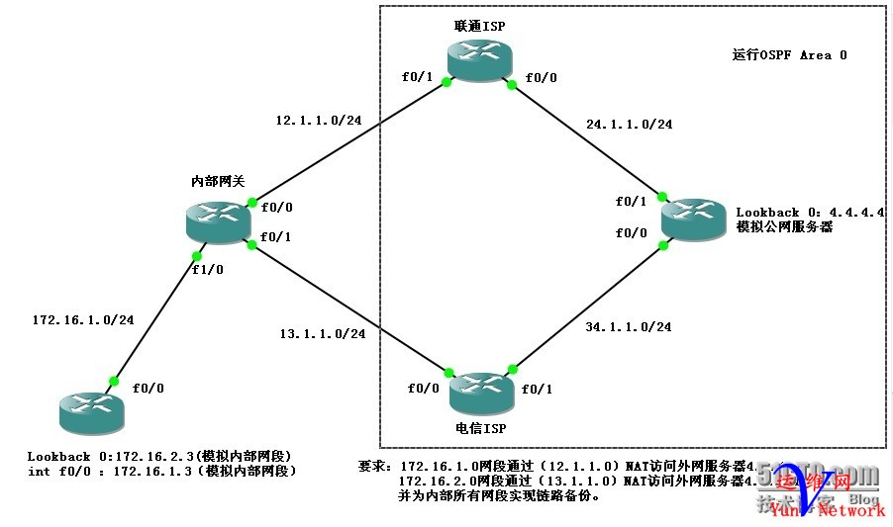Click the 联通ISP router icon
pyautogui.click(x=479, y=60)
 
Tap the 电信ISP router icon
pyautogui.click(x=480, y=394)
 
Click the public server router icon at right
pyautogui.click(x=694, y=219)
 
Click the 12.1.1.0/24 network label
pyautogui.click(x=318, y=121)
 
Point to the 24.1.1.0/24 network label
pyautogui.click(x=629, y=125)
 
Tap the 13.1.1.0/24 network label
pyautogui.click(x=322, y=334)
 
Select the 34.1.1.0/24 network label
pyautogui.click(x=628, y=326)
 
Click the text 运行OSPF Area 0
pyautogui.click(x=783, y=55)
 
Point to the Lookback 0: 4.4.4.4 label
pyautogui.click(x=810, y=213)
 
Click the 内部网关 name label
pyautogui.click(x=218, y=181)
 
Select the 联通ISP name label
pyautogui.click(x=479, y=27)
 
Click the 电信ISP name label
pyautogui.click(x=480, y=428)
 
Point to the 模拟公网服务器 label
pyautogui.click(x=784, y=226)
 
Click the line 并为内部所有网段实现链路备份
pyautogui.click(x=498, y=495)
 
